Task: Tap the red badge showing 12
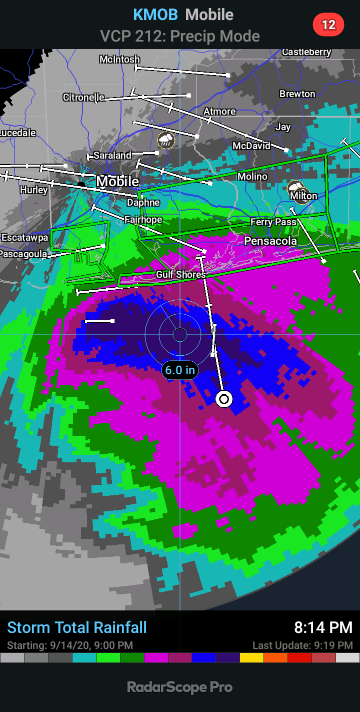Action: (x=328, y=25)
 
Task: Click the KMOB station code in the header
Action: (x=155, y=15)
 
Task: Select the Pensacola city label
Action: (x=270, y=241)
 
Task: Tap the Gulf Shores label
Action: (x=180, y=274)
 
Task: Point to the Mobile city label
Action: (x=117, y=181)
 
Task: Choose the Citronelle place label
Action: (x=83, y=97)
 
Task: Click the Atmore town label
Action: (x=219, y=111)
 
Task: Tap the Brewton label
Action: (x=297, y=94)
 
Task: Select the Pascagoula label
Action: (x=23, y=254)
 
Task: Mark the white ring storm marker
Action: (x=224, y=399)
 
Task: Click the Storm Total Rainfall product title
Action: (x=77, y=627)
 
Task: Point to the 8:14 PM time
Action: (x=323, y=627)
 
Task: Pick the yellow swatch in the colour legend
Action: (x=251, y=657)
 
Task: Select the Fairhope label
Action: (x=143, y=219)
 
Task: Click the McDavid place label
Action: (x=251, y=146)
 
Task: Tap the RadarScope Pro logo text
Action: (x=180, y=687)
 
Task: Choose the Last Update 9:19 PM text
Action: (x=302, y=645)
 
